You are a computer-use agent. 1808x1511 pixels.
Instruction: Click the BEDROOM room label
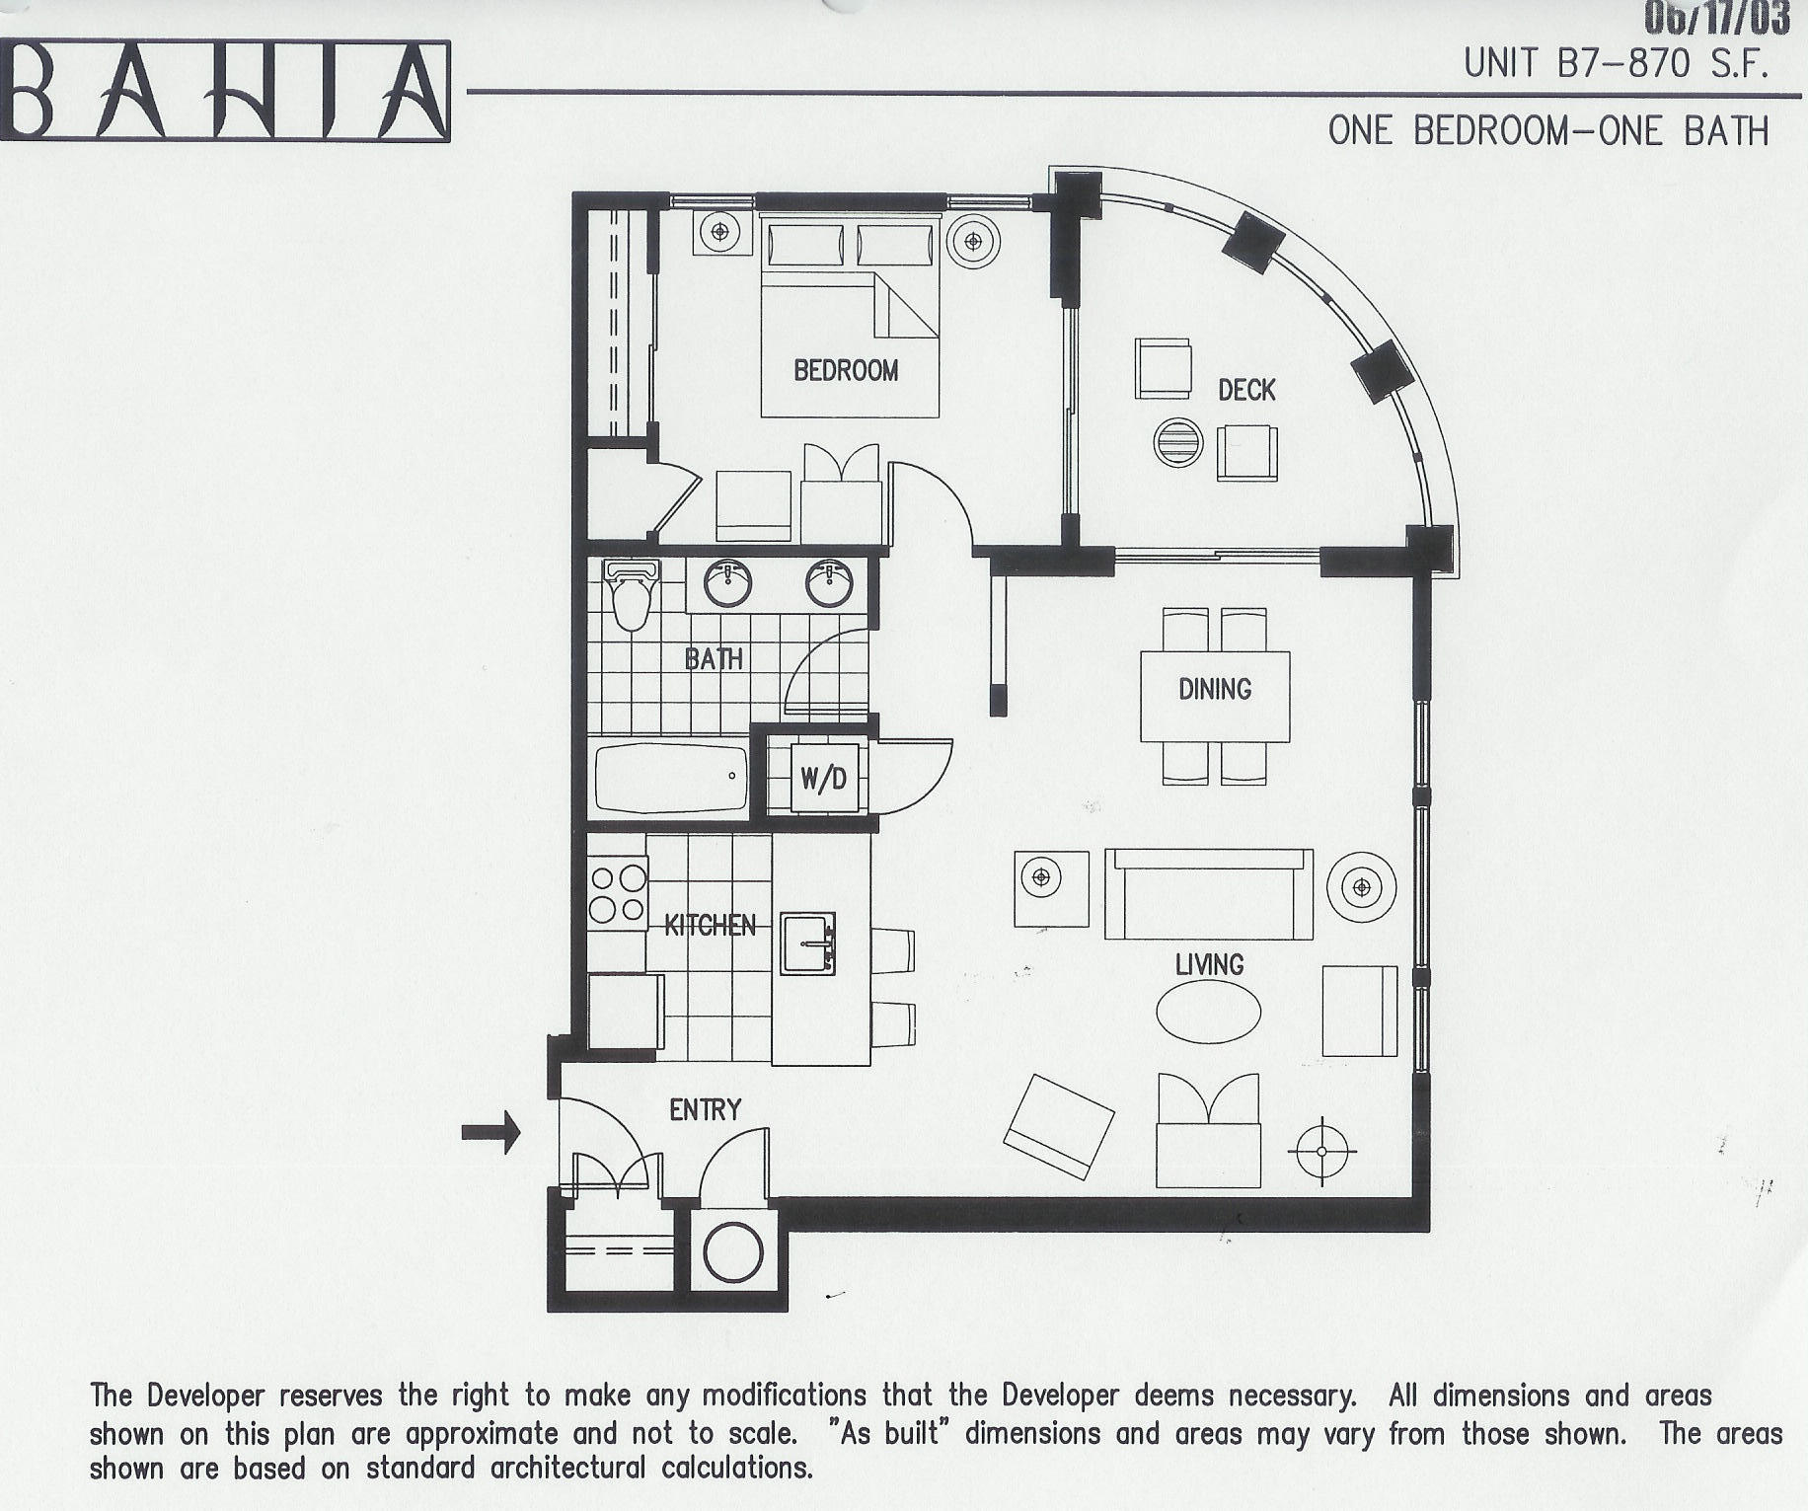pos(846,371)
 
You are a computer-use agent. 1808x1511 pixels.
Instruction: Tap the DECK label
pos(1246,391)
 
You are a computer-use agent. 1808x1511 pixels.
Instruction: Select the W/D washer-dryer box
pos(824,779)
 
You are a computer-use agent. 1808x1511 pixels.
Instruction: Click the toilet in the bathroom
pos(631,595)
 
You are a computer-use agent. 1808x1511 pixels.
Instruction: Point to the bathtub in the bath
pos(671,779)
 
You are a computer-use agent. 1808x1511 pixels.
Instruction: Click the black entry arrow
pos(490,1131)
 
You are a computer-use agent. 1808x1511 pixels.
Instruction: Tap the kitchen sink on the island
pos(807,944)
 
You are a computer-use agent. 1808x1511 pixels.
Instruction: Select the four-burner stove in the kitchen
pos(618,893)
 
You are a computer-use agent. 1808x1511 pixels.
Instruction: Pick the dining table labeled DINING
pos(1215,695)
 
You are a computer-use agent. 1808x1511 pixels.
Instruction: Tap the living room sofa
pos(1208,894)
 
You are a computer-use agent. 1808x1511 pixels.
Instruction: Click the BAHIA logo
pos(225,92)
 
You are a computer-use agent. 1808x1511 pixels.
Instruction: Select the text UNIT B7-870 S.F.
pos(1616,64)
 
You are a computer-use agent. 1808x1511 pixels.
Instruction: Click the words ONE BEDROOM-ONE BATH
pos(1548,131)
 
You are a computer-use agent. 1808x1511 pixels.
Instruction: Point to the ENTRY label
pos(705,1110)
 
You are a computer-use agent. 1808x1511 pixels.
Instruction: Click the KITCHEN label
pos(711,926)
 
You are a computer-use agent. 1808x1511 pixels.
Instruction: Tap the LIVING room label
pos(1209,964)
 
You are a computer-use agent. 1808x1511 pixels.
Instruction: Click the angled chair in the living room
pos(1058,1126)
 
